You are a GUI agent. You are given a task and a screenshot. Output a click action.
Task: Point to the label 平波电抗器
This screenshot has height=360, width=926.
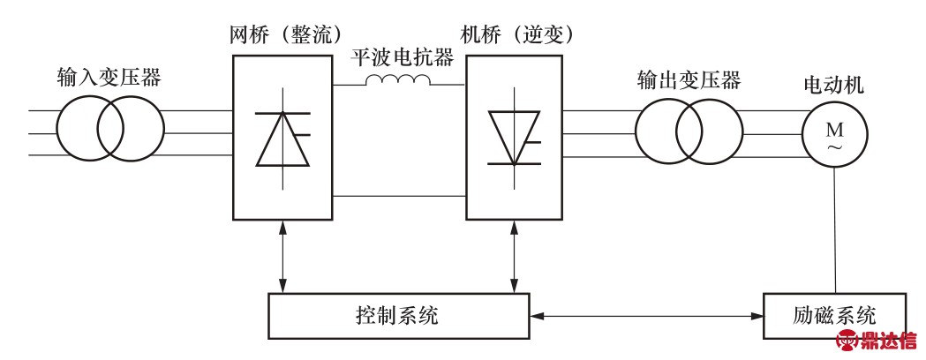pyautogui.click(x=400, y=58)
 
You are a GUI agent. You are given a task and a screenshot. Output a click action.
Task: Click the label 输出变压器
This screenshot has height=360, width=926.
pyautogui.click(x=689, y=80)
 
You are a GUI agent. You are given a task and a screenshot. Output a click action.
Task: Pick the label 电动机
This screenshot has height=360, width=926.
pyautogui.click(x=833, y=86)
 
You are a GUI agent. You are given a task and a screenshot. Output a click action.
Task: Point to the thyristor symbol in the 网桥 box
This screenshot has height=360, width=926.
pyautogui.click(x=282, y=138)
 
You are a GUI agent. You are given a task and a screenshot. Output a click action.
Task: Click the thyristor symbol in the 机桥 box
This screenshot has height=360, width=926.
pyautogui.click(x=516, y=138)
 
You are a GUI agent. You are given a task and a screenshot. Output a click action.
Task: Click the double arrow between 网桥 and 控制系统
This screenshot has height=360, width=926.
pyautogui.click(x=282, y=257)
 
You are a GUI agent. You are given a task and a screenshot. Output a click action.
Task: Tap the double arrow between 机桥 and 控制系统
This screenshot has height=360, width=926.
pyautogui.click(x=516, y=257)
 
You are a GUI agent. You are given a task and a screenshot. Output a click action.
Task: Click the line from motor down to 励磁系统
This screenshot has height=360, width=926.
pyautogui.click(x=834, y=229)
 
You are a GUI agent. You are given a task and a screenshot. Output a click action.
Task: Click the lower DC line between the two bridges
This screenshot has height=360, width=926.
pyautogui.click(x=399, y=197)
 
